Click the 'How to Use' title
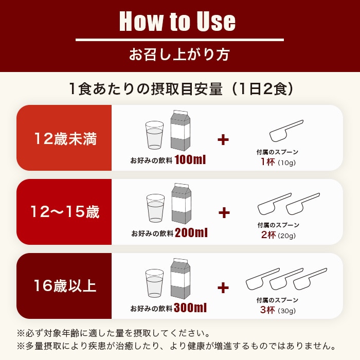click(177, 21)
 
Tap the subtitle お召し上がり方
click(179, 55)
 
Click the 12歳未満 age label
click(65, 138)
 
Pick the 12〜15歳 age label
click(65, 212)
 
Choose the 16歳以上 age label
click(65, 286)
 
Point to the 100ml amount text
click(190, 160)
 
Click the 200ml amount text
click(191, 233)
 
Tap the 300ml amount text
click(190, 308)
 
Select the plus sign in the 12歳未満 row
click(223, 139)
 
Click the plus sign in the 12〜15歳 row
click(224, 212)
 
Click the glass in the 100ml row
click(154, 135)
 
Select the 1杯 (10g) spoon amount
click(278, 163)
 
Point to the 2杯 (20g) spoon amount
click(278, 236)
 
